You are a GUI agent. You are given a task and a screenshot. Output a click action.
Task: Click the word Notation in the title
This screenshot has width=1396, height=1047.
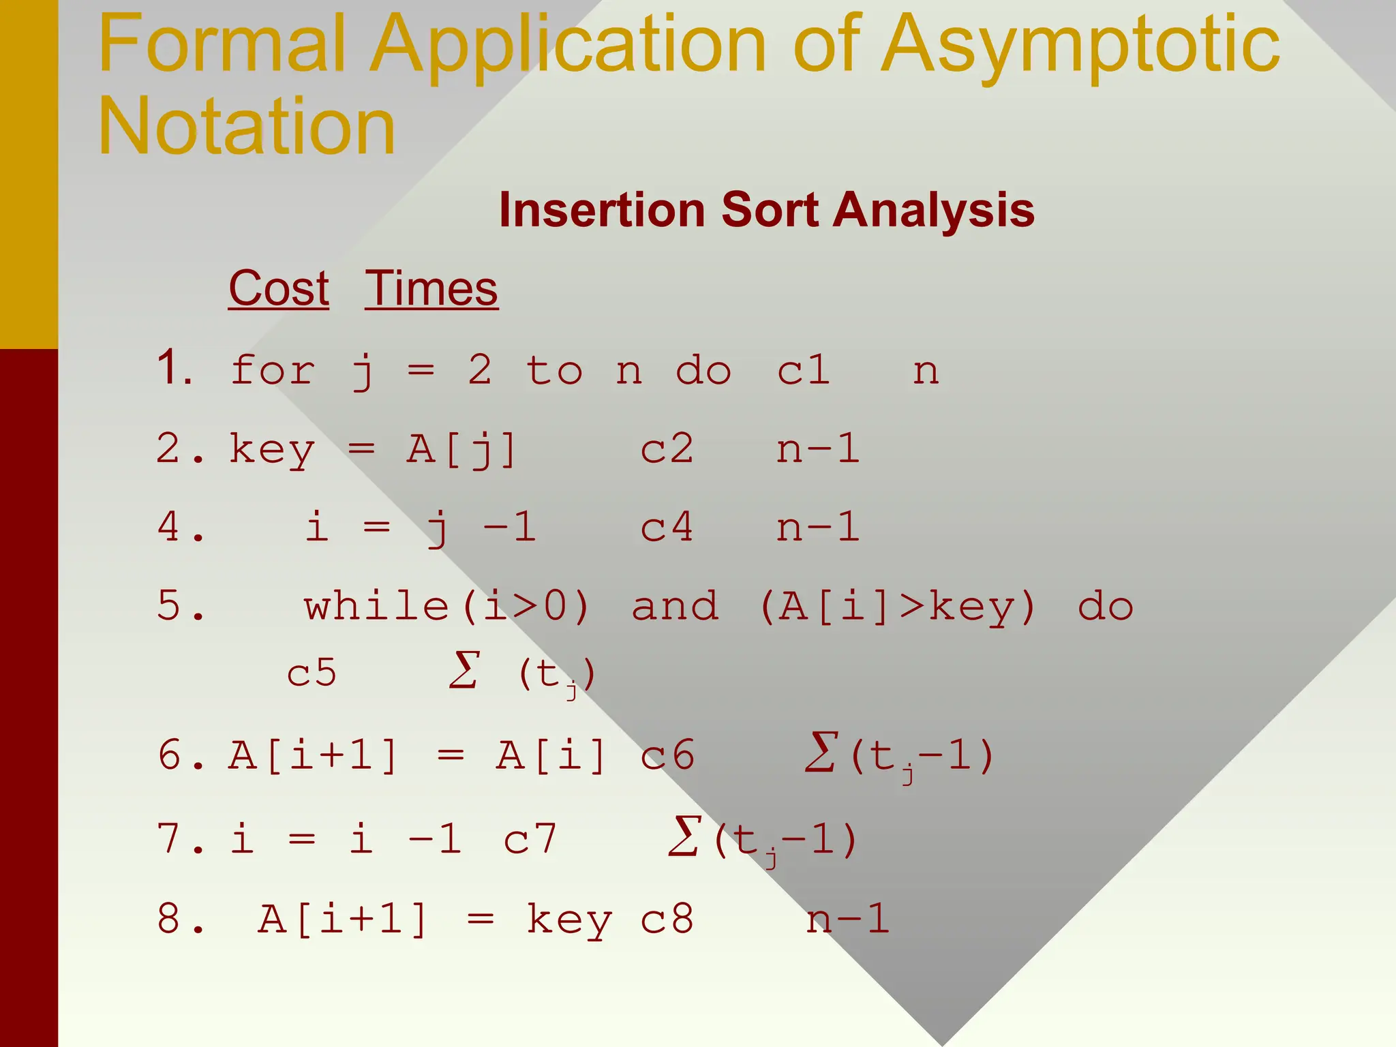click(247, 127)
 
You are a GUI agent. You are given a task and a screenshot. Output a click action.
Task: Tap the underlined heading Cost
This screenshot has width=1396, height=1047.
click(279, 288)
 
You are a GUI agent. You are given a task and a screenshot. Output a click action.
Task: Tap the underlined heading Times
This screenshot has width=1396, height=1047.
click(431, 288)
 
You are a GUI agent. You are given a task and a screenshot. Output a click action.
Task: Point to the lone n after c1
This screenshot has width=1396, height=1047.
click(926, 372)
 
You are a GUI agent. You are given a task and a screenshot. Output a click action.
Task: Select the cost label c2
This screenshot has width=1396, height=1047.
click(667, 449)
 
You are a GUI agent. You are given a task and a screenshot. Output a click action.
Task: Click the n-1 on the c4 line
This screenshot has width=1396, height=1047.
click(818, 527)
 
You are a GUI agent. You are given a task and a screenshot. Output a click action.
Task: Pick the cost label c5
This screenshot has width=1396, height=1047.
click(312, 673)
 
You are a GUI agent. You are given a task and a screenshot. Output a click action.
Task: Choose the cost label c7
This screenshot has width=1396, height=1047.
click(530, 838)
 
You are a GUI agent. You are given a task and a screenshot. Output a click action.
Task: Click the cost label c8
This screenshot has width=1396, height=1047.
click(667, 918)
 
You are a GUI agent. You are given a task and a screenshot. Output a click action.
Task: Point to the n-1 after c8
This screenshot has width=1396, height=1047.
click(847, 918)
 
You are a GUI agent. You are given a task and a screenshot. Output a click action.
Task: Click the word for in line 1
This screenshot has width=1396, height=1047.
click(272, 371)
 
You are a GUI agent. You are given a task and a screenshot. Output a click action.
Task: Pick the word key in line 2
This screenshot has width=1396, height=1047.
click(272, 451)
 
